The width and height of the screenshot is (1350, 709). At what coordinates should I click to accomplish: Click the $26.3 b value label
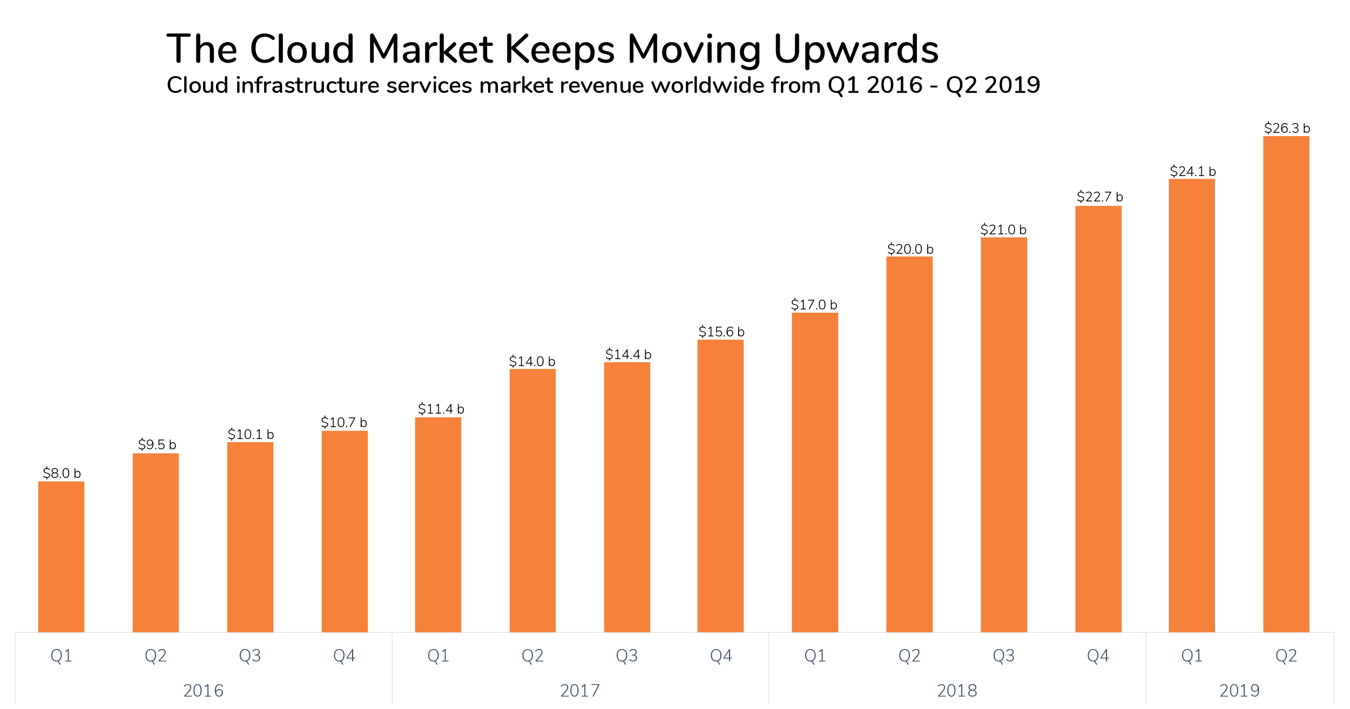pos(1286,129)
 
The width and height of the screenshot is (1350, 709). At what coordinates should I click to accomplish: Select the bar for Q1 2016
pos(61,556)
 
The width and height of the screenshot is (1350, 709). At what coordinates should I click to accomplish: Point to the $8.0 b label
pos(62,474)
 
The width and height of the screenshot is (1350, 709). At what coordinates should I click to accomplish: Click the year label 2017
pos(580,691)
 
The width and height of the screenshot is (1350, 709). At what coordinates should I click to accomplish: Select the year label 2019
pos(1239,691)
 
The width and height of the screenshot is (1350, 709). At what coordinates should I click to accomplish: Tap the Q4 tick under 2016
pos(344,656)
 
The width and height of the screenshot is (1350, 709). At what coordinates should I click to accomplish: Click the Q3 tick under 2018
pos(1004,656)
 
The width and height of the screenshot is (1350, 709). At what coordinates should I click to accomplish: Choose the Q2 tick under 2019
pos(1286,656)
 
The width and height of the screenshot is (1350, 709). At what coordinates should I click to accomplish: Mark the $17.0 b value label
pos(814,305)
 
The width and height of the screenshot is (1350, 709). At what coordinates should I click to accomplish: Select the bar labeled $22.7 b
pos(1098,419)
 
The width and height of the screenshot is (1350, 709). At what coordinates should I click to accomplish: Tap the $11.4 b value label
pos(441,409)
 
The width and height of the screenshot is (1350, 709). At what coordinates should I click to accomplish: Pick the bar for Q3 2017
pos(627,497)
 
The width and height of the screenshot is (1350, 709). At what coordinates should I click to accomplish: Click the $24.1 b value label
pos(1192,172)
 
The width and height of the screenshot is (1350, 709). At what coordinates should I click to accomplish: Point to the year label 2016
pos(203,691)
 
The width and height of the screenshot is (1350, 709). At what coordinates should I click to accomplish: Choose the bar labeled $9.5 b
pos(156,543)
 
